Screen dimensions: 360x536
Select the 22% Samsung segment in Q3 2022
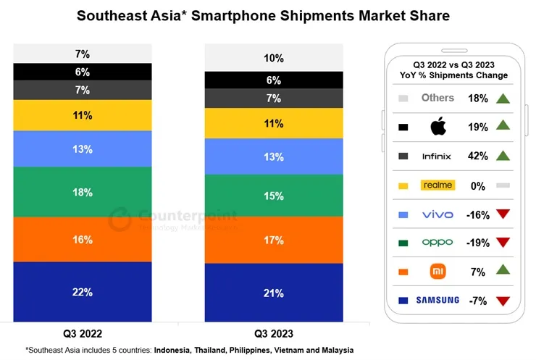82,291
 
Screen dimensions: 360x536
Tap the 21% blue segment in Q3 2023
273,292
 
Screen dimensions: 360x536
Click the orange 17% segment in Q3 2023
273,240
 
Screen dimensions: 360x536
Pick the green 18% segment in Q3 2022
82,193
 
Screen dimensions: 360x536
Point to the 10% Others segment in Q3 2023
273,58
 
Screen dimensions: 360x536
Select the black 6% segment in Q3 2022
82,72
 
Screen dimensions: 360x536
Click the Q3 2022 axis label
82,334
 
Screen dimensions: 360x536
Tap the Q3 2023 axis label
273,334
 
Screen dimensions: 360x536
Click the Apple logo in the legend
437,127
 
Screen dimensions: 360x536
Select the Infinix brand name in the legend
437,156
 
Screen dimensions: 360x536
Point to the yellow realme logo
437,185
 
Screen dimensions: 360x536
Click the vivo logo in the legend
437,214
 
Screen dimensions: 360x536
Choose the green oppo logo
437,243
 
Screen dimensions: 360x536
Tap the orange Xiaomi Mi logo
437,272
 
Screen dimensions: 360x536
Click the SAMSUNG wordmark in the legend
437,301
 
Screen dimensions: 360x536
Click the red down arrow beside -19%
503,243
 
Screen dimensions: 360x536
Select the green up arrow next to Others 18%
503,99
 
